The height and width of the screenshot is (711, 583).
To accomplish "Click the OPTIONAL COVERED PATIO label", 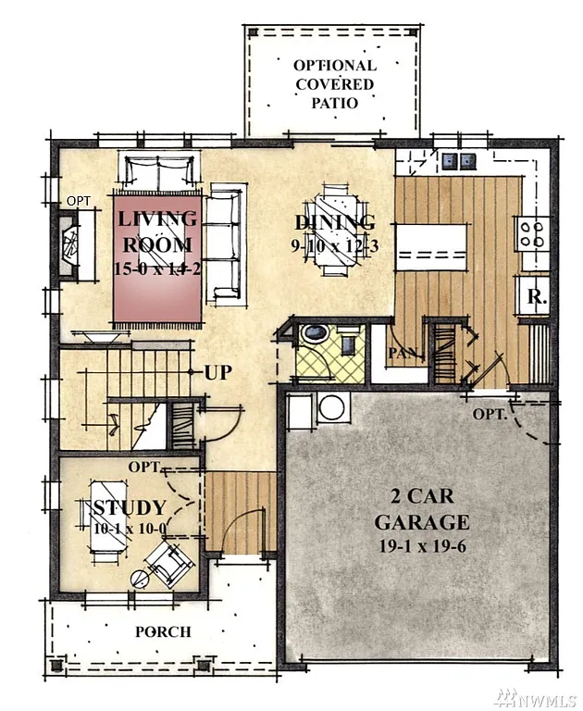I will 334,83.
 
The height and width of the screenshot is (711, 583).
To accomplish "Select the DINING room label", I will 334,222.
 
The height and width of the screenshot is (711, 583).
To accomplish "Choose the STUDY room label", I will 129,508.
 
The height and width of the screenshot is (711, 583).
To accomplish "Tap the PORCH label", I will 163,631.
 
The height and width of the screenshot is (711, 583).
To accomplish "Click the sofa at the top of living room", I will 158,172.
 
